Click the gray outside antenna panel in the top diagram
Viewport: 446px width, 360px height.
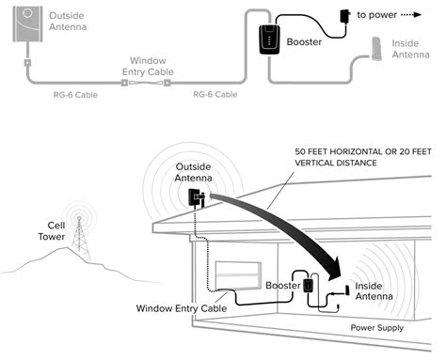tap(27, 23)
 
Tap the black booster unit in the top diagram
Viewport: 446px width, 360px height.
tap(269, 39)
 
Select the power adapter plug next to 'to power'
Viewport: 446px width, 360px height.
tap(345, 15)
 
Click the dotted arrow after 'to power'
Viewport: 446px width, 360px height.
tap(411, 15)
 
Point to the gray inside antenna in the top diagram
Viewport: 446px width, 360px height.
tap(376, 49)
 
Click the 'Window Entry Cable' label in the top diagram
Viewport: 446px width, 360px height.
tap(148, 66)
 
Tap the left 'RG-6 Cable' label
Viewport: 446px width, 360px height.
tap(75, 95)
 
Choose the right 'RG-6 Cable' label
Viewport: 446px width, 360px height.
tap(215, 94)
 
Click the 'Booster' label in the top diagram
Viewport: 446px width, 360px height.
tap(304, 42)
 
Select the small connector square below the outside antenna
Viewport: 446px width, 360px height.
tap(27, 63)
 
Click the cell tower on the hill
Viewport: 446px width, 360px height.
tap(80, 238)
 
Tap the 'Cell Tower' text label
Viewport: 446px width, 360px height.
tap(52, 231)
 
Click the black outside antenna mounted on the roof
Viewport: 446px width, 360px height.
tap(196, 198)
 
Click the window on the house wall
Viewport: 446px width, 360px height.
tap(238, 275)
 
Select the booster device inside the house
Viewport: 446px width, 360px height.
tap(309, 285)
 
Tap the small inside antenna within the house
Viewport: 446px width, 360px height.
tap(347, 290)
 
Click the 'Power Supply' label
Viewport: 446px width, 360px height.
tap(377, 328)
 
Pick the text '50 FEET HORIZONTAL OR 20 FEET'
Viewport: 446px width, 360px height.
tap(363, 152)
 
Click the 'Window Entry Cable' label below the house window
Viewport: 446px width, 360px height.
tap(182, 308)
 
